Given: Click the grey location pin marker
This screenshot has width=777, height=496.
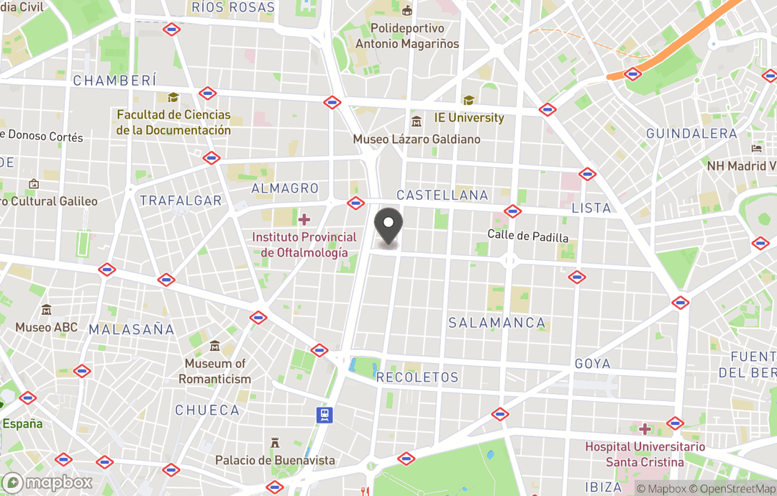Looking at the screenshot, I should tap(389, 226).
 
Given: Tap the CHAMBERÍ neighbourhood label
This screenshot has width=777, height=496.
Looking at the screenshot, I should tap(115, 81).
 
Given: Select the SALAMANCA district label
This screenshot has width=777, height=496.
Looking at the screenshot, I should tap(497, 323).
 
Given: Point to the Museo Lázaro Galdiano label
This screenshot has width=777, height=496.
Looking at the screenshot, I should tap(417, 139).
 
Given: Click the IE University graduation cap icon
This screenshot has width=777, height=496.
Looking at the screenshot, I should tap(469, 101).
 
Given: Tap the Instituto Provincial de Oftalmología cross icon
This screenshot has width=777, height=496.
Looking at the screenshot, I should tap(304, 219).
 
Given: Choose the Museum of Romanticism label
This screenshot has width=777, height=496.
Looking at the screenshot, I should tap(215, 371).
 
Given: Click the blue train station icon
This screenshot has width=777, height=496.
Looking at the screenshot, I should tap(325, 414).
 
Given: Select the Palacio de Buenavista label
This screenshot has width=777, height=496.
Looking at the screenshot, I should tap(275, 459).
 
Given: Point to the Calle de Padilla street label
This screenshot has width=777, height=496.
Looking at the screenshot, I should tap(527, 236).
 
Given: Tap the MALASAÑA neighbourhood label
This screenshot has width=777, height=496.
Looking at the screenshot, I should tap(132, 330).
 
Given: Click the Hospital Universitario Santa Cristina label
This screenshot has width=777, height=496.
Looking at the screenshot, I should tap(634, 454).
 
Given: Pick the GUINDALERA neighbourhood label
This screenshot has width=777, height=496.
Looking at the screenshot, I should tap(691, 134).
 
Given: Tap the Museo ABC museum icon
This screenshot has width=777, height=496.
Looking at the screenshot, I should tap(47, 310).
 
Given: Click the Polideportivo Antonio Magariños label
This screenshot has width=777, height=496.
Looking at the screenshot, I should tap(407, 36).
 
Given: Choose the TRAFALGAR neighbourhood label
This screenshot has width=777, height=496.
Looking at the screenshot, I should tap(181, 201).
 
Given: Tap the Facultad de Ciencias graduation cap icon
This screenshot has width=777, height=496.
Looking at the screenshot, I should tap(173, 97).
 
